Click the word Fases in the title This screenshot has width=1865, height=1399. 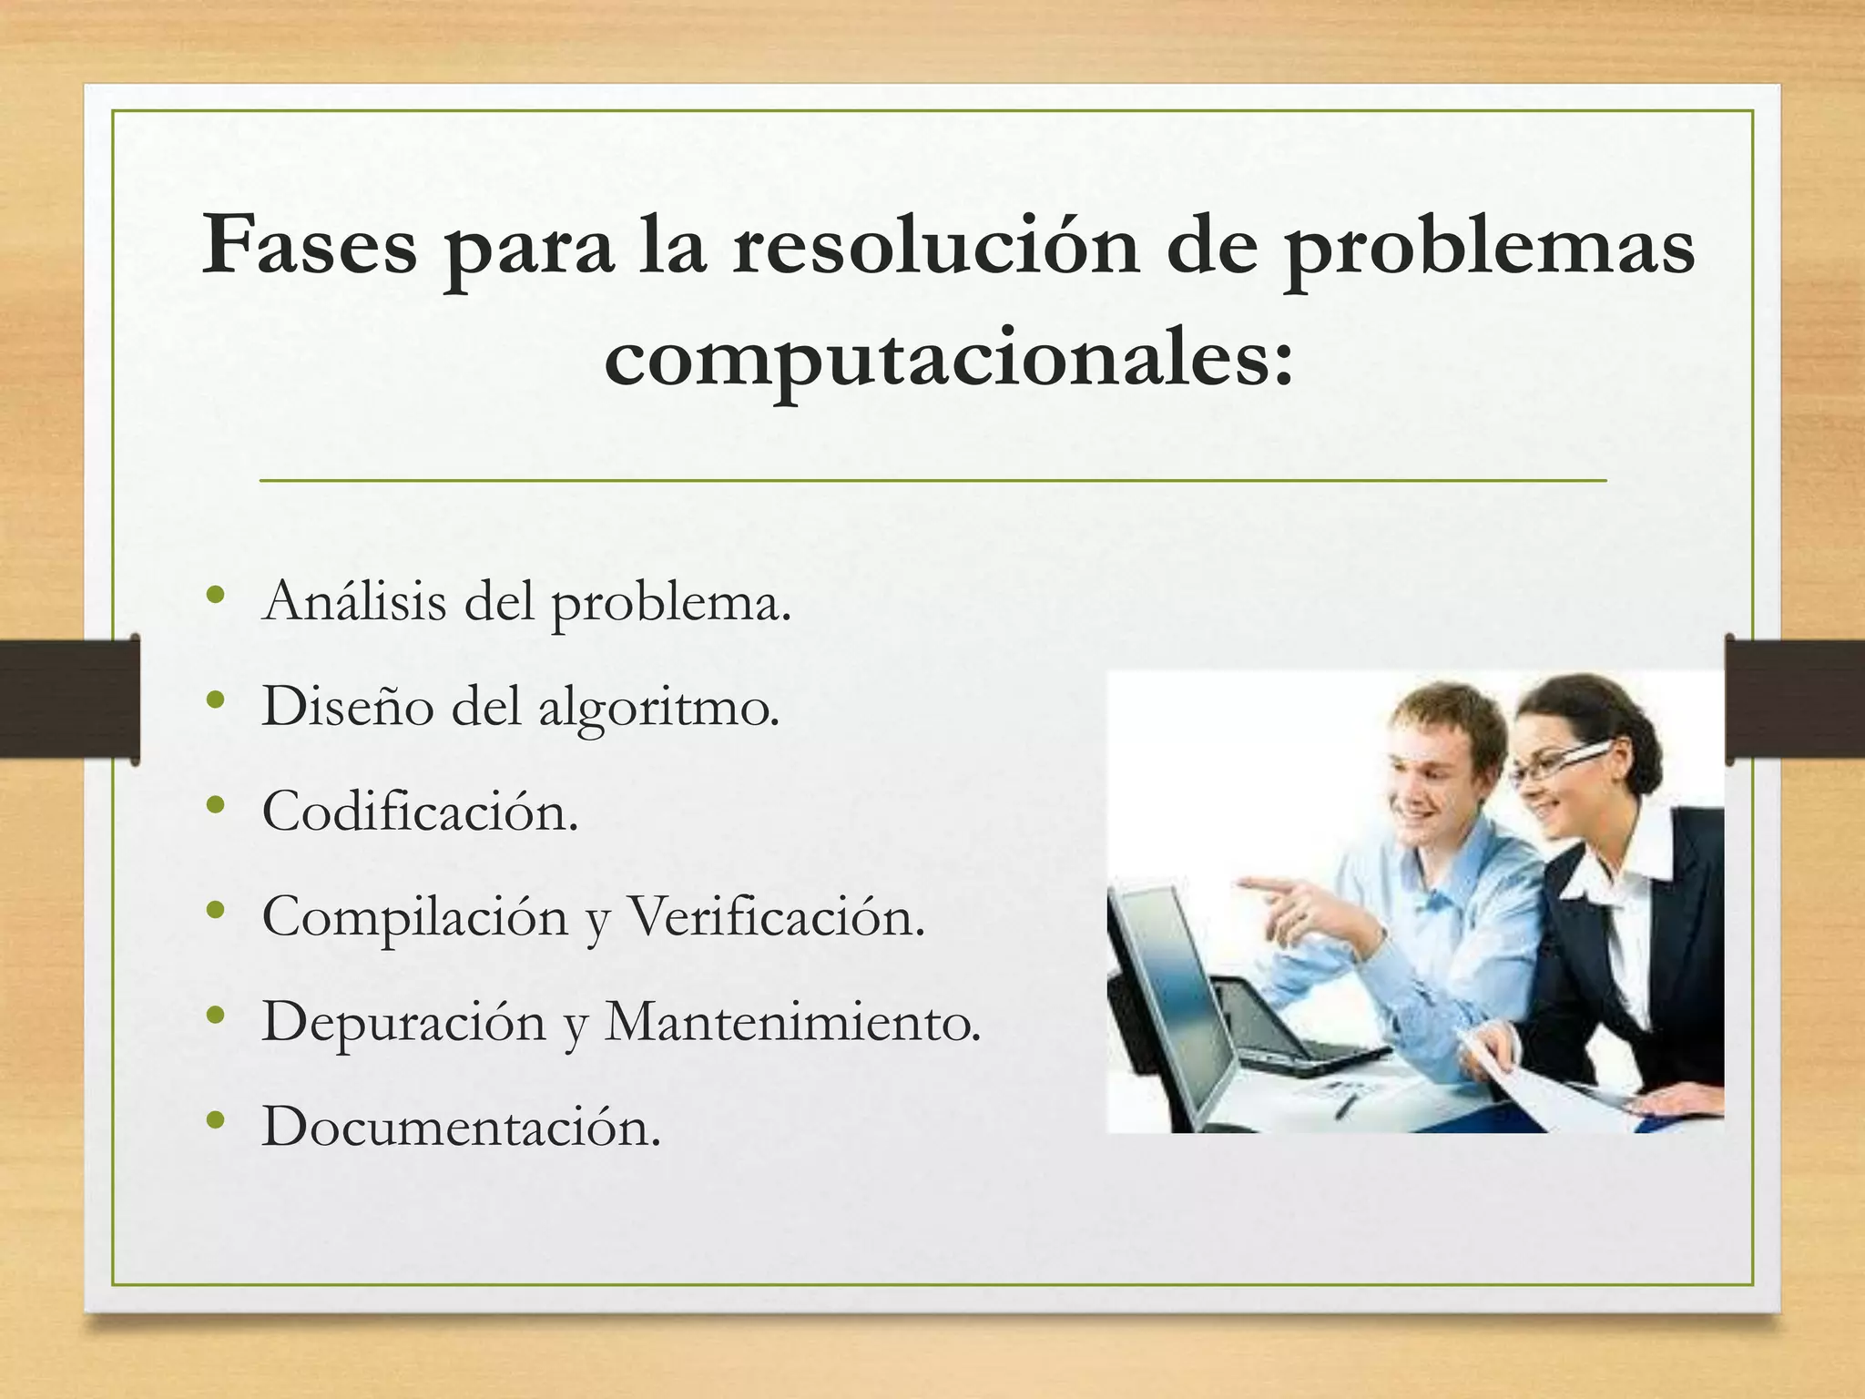(309, 244)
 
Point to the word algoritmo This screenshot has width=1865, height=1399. (659, 709)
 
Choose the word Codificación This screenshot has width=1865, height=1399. (420, 811)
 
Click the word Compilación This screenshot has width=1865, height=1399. (414, 916)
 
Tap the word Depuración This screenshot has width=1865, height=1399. (403, 1022)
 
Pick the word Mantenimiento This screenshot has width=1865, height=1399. (792, 1022)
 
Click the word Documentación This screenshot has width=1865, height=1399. (461, 1127)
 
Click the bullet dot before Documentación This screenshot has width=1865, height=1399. (215, 1120)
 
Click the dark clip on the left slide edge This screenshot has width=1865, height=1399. (69, 699)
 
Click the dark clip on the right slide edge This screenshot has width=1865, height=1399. (1794, 699)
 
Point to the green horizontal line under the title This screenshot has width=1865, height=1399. (932, 480)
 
